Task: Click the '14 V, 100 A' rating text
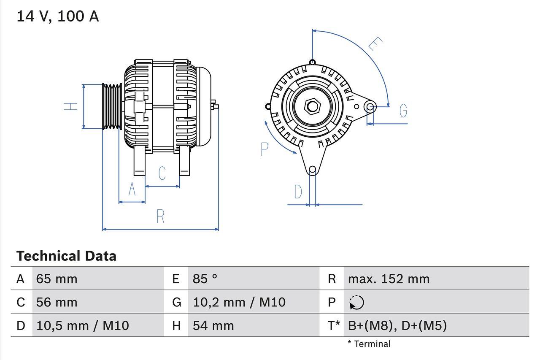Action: (x=57, y=16)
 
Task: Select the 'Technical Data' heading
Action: (x=66, y=256)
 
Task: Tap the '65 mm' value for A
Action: (x=57, y=279)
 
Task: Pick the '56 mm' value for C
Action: (x=57, y=302)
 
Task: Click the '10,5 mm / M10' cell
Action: (x=82, y=325)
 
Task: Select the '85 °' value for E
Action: (x=205, y=279)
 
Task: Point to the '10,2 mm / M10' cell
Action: (x=239, y=302)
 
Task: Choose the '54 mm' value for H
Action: (x=213, y=325)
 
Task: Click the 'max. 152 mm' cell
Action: (x=389, y=279)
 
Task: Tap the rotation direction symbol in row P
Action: (x=356, y=302)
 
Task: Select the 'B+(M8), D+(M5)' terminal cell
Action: (x=397, y=325)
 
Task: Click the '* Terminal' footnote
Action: (x=369, y=344)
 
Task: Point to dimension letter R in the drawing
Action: (x=160, y=216)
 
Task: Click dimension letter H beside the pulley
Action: (x=71, y=106)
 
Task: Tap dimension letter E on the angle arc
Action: (x=375, y=44)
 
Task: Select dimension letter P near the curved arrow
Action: (x=265, y=149)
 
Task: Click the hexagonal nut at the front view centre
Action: (x=312, y=106)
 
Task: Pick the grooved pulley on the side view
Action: (x=112, y=106)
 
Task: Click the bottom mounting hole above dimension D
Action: (x=312, y=170)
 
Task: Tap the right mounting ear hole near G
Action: (x=370, y=106)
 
